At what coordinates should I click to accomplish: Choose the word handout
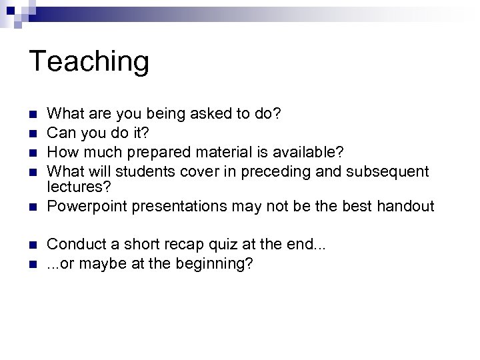406,207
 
